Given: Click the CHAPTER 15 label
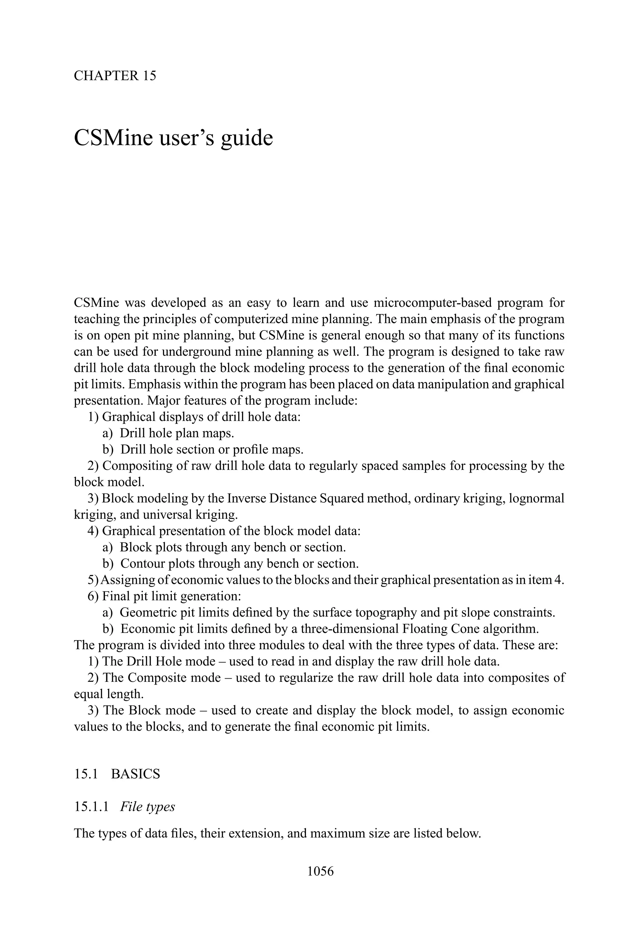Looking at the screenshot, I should [x=115, y=76].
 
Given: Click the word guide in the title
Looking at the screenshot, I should [x=246, y=138].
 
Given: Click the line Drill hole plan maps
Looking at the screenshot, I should [x=177, y=433].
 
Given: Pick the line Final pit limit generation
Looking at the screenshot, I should [x=171, y=596].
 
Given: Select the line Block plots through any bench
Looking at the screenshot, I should [x=233, y=547].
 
